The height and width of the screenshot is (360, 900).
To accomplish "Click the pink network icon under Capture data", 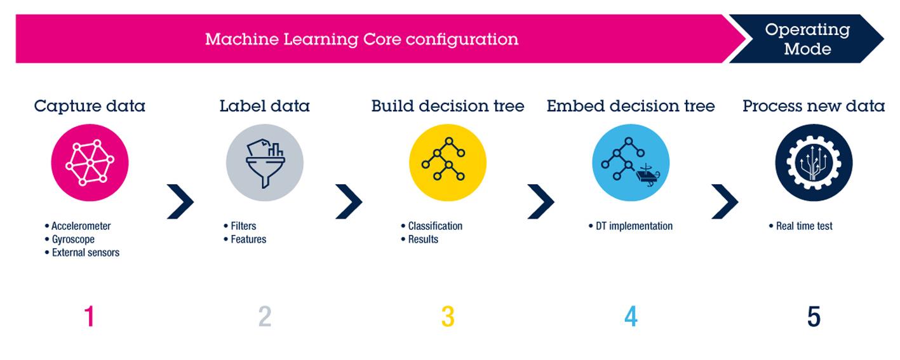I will [90, 163].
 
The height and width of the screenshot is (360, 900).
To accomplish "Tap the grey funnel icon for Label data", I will [265, 163].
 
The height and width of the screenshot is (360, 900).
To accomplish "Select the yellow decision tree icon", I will [447, 163].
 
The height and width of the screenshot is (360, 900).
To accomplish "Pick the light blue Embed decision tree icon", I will [631, 163].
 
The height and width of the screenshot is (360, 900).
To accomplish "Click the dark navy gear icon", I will [814, 163].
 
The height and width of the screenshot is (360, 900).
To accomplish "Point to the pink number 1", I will [90, 316].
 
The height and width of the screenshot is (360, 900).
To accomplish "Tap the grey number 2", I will [265, 316].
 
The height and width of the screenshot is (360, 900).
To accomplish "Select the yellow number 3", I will [448, 316].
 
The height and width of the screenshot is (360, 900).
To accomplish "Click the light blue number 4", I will [631, 316].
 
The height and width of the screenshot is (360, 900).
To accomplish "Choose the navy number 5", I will [814, 316].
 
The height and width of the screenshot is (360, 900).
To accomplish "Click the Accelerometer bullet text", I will [81, 226].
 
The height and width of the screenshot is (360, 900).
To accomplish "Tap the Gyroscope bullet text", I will [73, 239].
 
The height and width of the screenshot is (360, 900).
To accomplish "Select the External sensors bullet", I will [85, 253].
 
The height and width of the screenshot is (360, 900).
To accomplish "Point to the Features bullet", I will [248, 239].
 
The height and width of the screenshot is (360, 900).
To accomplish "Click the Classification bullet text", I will [435, 226].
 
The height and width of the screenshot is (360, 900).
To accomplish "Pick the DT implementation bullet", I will [634, 226].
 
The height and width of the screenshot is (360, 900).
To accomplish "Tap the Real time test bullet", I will [804, 226].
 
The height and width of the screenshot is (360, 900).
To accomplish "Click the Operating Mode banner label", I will [807, 39].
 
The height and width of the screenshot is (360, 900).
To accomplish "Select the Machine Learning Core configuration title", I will [361, 39].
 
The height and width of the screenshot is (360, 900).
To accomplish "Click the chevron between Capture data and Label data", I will [180, 202].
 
